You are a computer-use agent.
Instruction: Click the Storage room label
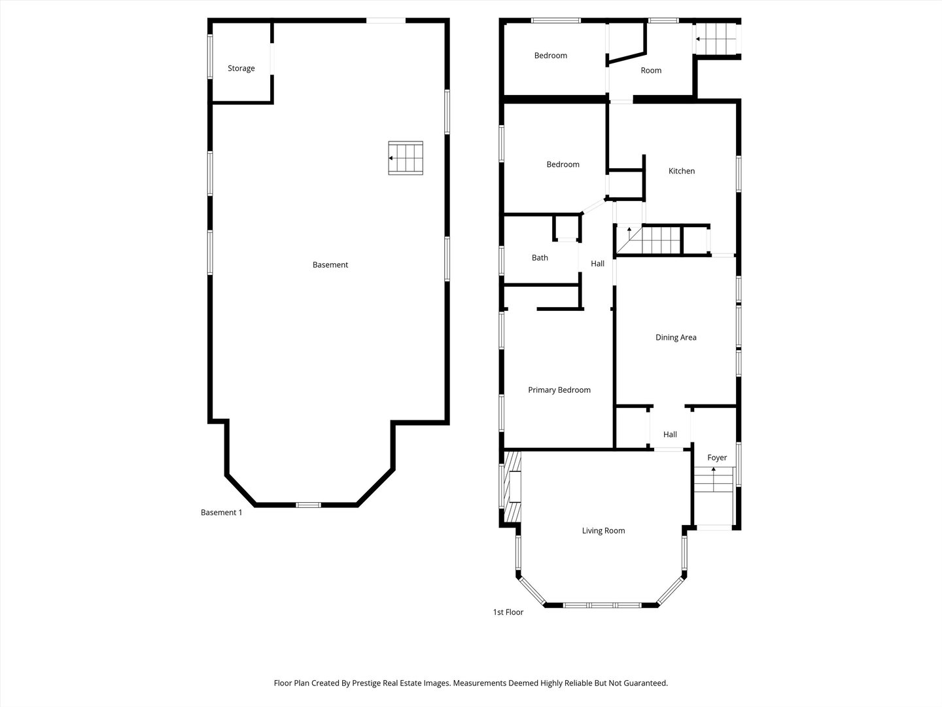pyautogui.click(x=241, y=69)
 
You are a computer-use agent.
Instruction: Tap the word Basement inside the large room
pyautogui.click(x=330, y=265)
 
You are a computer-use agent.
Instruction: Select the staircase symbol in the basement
pyautogui.click(x=406, y=158)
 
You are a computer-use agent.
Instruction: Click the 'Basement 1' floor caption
pyautogui.click(x=221, y=513)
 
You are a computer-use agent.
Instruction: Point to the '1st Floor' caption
pyautogui.click(x=508, y=613)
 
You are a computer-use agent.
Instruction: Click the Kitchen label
pyautogui.click(x=681, y=172)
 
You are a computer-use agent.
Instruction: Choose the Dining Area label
pyautogui.click(x=676, y=338)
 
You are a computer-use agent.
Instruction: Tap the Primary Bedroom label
pyautogui.click(x=559, y=390)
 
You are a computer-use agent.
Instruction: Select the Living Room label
pyautogui.click(x=603, y=531)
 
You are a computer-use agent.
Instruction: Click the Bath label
pyautogui.click(x=540, y=258)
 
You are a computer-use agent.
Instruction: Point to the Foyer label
pyautogui.click(x=717, y=458)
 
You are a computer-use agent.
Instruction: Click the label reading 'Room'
pyautogui.click(x=651, y=71)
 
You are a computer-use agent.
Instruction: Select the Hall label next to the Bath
pyautogui.click(x=597, y=264)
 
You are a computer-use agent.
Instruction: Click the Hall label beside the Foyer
pyautogui.click(x=670, y=435)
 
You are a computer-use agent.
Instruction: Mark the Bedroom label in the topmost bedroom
pyautogui.click(x=550, y=56)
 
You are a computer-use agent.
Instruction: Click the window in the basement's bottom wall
pyautogui.click(x=308, y=505)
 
